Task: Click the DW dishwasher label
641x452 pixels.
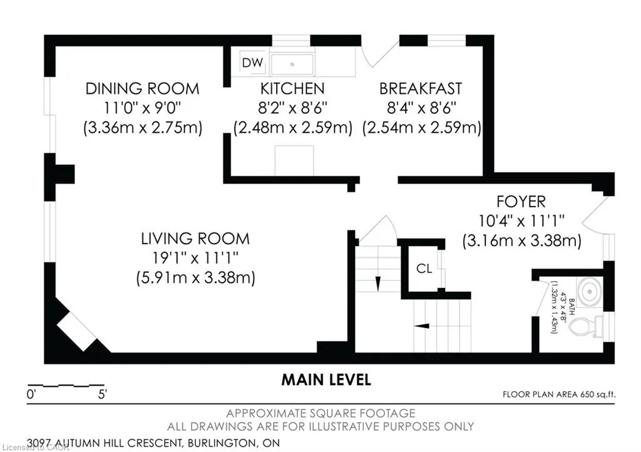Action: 252,63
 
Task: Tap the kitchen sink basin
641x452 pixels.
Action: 292,64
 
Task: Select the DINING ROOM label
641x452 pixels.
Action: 142,89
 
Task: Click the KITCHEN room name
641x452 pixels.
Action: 292,89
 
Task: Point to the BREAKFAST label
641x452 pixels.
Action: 421,89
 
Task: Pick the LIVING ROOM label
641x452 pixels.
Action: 195,239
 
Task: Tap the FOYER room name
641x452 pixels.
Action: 521,202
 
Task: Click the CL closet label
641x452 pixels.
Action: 424,269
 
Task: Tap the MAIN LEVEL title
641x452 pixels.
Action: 326,380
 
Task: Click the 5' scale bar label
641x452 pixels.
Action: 102,395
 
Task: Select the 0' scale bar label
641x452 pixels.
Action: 31,395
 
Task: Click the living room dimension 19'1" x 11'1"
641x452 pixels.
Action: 195,258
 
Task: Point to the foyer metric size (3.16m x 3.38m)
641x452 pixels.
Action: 521,240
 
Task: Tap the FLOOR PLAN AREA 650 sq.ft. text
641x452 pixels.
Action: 559,394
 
